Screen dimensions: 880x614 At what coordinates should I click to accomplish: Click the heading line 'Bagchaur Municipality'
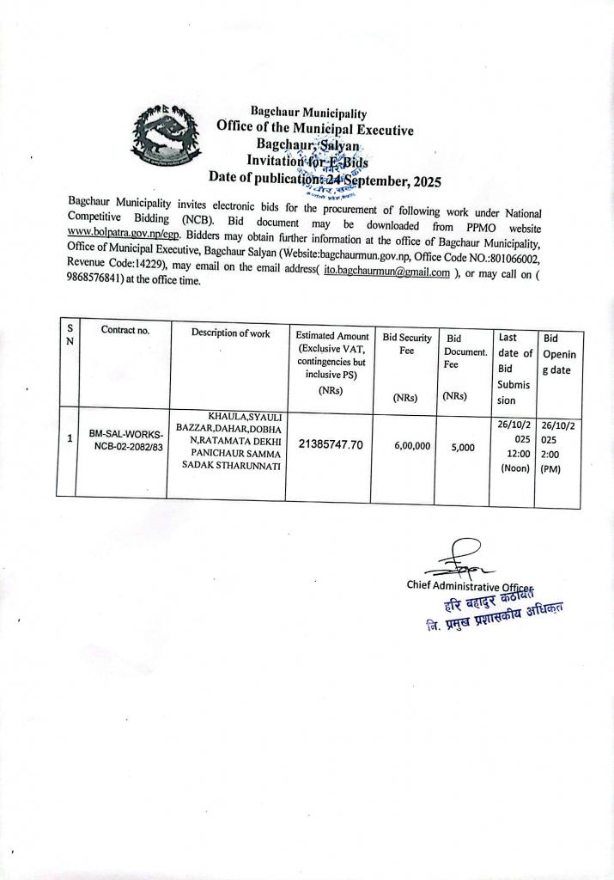coord(308,113)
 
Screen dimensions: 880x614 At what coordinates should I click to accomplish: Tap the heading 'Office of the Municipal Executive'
coord(315,130)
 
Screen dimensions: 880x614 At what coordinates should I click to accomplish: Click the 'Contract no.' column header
coord(124,330)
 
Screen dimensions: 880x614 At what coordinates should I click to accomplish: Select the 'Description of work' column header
coord(230,333)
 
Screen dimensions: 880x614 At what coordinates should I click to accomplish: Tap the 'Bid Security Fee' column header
coord(407,345)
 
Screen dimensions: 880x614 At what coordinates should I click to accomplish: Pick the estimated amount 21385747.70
coord(331,444)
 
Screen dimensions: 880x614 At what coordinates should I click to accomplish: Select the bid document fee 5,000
coord(462,447)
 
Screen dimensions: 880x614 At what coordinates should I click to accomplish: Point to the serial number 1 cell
coord(69,438)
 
